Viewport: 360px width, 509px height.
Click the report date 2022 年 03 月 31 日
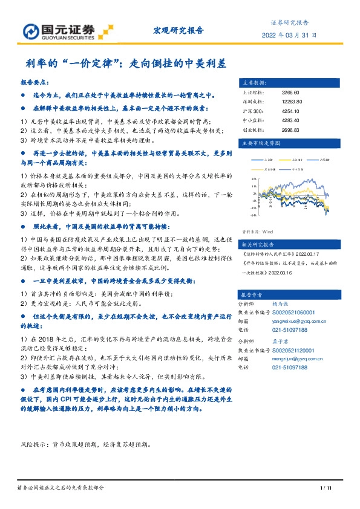(x=289, y=35)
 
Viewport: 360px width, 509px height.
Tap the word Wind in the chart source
(x=268, y=231)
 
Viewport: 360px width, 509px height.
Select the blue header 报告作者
(x=249, y=294)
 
